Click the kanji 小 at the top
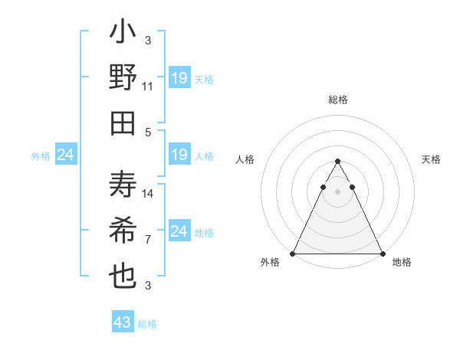click(123, 34)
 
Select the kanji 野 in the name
click(123, 79)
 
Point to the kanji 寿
click(123, 186)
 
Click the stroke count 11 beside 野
click(148, 87)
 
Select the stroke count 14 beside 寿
click(148, 194)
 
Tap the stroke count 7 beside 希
click(148, 240)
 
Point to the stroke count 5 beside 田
click(148, 132)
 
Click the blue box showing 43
click(123, 322)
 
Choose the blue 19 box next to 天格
click(179, 78)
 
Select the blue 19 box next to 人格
click(179, 155)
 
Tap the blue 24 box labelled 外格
click(66, 155)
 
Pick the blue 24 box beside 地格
click(179, 231)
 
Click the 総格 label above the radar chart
click(338, 100)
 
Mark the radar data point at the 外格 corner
click(293, 254)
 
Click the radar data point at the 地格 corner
click(383, 254)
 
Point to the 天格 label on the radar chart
click(432, 159)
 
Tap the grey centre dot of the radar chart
click(338, 191)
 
